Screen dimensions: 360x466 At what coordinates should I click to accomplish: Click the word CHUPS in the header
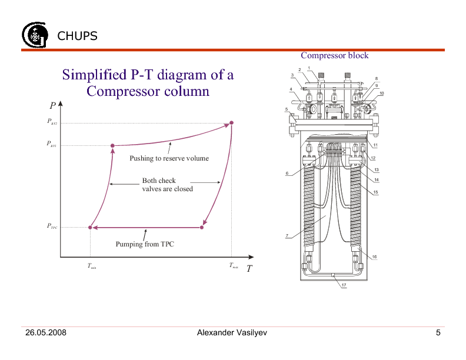pos(77,36)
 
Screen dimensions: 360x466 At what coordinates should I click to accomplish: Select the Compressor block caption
pos(334,55)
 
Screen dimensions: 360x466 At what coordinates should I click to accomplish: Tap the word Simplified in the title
pos(93,75)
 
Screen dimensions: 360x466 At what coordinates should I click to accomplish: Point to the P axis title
pos(52,106)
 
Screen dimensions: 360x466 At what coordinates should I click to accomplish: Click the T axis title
pos(249,268)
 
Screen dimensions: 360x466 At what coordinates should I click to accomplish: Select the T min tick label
pos(92,266)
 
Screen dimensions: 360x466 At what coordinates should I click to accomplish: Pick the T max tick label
pos(234,266)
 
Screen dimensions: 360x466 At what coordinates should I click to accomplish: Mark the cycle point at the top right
pos(231,122)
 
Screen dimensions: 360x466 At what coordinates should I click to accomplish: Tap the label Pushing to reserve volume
pos(169,158)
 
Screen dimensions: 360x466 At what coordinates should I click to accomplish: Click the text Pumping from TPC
pos(145,244)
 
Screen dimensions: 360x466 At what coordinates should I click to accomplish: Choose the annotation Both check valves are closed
pos(167,185)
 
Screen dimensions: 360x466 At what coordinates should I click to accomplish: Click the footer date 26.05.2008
pos(45,333)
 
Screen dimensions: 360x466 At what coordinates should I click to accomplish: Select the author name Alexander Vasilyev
pos(232,333)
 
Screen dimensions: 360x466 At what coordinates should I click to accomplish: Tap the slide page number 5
pos(438,333)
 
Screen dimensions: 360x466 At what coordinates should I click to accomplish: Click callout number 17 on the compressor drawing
pos(344,285)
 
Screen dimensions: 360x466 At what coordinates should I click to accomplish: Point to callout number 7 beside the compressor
pos(287,236)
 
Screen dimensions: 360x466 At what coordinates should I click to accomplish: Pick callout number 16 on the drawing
pos(374,256)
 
